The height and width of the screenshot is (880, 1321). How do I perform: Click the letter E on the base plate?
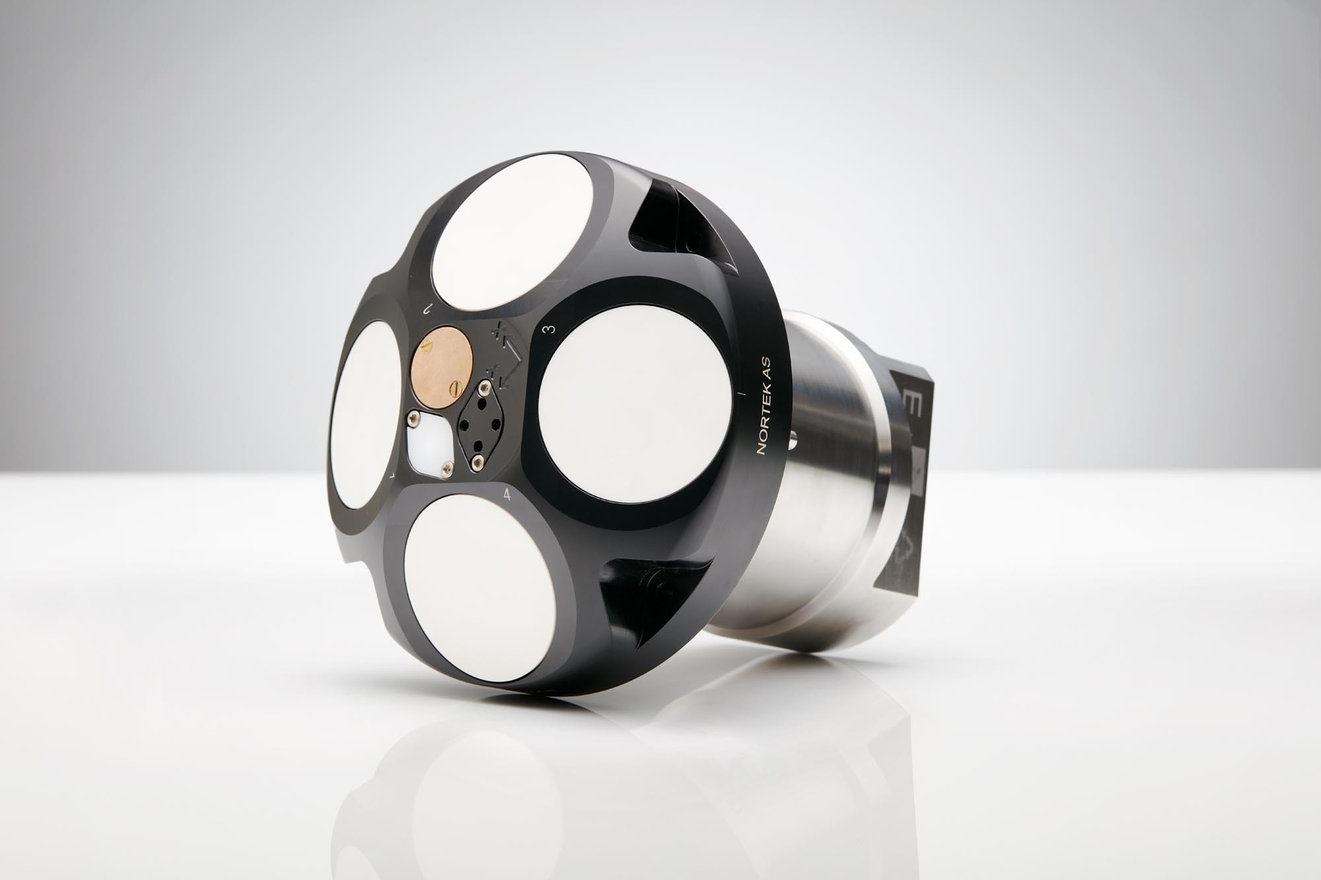pyautogui.click(x=910, y=403)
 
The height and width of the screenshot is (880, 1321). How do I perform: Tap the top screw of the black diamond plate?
pyautogui.click(x=487, y=387)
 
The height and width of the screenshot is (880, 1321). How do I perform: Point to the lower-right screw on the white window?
pyautogui.click(x=447, y=469)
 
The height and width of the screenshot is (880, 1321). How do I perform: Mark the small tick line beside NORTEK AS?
pyautogui.click(x=744, y=395)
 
